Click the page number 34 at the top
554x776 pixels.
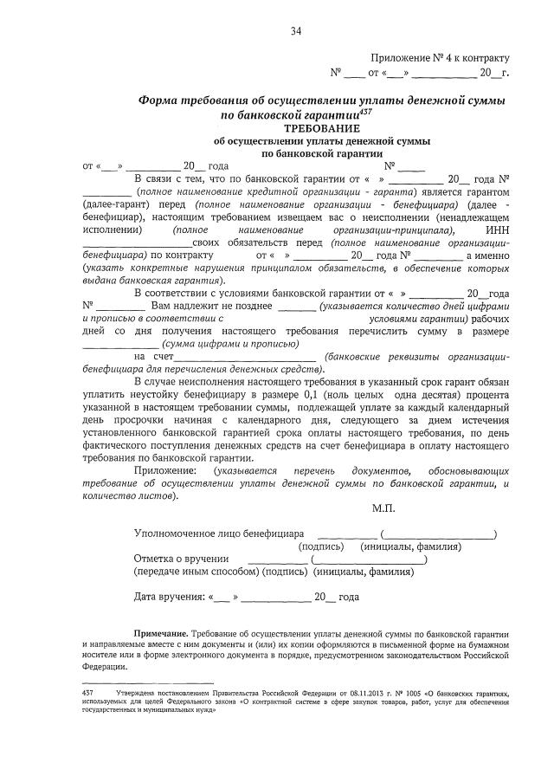296,32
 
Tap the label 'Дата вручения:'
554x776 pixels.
169,597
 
